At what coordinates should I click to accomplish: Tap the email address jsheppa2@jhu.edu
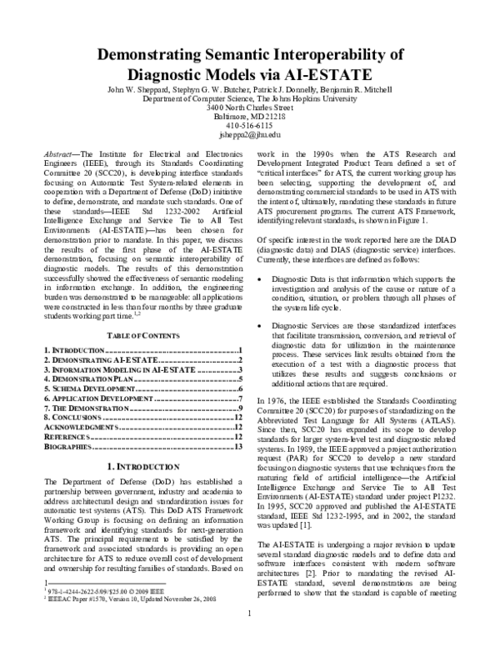[250, 133]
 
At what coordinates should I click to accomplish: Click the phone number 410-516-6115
[250, 125]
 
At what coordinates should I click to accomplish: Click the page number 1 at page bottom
[250, 639]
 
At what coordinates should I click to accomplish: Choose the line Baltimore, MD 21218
[250, 116]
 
